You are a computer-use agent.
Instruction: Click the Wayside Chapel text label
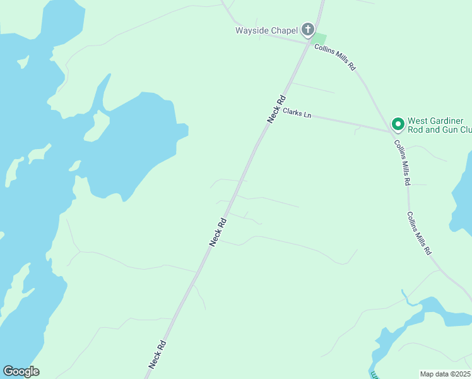pos(266,30)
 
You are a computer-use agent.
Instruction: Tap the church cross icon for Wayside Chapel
pos(307,29)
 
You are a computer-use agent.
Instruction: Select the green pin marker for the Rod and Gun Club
pos(398,124)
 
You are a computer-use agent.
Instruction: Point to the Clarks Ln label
pos(297,113)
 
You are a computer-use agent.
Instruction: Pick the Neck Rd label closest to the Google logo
pos(158,354)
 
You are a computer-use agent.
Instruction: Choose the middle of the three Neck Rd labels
pos(218,232)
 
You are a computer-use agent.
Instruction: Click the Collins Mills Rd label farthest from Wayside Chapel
pos(419,232)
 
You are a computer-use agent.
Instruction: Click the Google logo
pos(21,371)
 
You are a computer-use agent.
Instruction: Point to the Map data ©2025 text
pos(445,374)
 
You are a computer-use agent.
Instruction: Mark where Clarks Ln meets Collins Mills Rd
pos(391,132)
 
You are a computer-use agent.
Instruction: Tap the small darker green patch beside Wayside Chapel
pos(320,38)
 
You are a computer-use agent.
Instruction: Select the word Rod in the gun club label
pos(416,130)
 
